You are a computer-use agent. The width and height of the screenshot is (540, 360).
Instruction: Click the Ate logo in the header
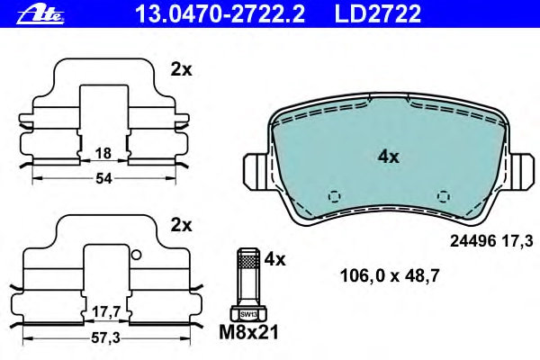tap(41, 14)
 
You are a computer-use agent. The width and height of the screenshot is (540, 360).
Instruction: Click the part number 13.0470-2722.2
tap(220, 13)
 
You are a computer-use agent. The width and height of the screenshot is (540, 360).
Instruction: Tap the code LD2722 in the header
tap(378, 13)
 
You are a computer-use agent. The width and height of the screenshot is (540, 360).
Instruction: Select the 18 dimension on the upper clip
tap(103, 153)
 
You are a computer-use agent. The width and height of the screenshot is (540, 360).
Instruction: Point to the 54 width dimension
tap(103, 178)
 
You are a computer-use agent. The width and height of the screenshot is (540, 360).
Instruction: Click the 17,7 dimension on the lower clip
tap(105, 312)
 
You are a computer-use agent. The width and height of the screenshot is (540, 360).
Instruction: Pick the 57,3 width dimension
tap(105, 338)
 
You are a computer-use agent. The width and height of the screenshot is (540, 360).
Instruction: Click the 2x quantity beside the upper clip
tap(181, 70)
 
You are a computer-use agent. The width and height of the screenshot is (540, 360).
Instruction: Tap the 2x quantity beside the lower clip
tap(181, 226)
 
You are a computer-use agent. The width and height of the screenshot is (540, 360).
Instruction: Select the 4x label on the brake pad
tap(389, 157)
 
